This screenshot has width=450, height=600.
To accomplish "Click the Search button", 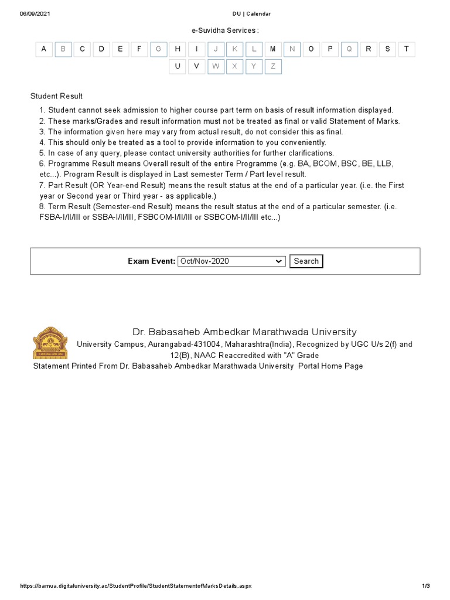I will click(306, 261).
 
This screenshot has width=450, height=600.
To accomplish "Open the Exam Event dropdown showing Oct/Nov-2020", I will click(231, 261).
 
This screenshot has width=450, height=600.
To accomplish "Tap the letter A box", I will click(44, 49).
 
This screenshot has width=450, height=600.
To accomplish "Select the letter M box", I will click(272, 49).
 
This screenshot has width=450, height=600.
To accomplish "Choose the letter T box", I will click(407, 49).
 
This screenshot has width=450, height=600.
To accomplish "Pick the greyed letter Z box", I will click(272, 66).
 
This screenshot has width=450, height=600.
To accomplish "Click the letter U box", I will click(178, 66).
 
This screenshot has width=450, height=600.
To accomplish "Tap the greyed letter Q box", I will click(349, 49).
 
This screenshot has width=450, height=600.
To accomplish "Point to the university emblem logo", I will click(50, 343).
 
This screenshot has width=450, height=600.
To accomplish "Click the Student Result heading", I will click(57, 96).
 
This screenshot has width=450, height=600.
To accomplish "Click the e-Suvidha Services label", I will click(225, 30).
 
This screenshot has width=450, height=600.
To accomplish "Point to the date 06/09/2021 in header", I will click(35, 13).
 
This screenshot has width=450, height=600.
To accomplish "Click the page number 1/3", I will click(426, 587).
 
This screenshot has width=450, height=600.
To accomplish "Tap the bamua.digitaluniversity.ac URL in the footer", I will click(135, 587).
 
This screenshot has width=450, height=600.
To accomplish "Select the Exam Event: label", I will click(152, 261).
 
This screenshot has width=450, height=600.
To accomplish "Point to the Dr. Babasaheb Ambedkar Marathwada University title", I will click(244, 332).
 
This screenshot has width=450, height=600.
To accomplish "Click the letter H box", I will click(178, 49).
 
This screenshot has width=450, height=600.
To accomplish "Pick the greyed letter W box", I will click(216, 66).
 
